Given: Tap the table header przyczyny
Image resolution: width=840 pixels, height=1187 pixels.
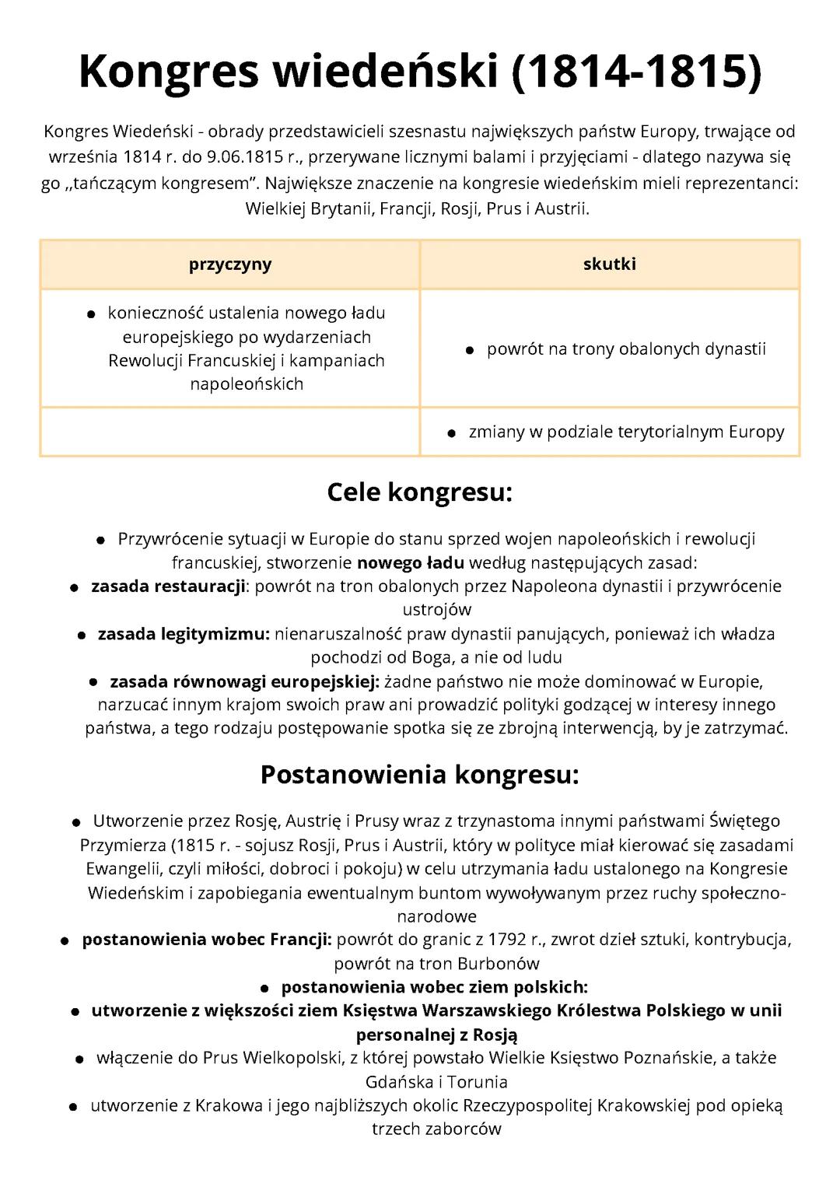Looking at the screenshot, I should (x=230, y=264).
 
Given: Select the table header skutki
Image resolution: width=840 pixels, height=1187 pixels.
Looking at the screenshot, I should (x=609, y=264).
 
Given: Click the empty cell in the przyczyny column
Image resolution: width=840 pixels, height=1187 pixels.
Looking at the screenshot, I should (x=230, y=431).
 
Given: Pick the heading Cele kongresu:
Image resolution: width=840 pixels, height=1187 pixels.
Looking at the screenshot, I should (x=420, y=492).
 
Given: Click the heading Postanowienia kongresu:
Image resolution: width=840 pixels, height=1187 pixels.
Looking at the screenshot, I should (x=420, y=774).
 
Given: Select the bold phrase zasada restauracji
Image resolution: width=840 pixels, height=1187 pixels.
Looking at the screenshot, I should (x=168, y=586).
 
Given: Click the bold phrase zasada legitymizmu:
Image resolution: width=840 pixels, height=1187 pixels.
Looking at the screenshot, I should (x=184, y=634).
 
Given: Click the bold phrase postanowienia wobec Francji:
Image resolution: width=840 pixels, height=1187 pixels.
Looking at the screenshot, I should (x=207, y=939).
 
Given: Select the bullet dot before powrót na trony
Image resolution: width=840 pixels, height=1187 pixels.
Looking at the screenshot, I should (x=470, y=351).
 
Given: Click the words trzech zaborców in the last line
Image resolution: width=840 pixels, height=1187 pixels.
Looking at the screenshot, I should (x=436, y=1129).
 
